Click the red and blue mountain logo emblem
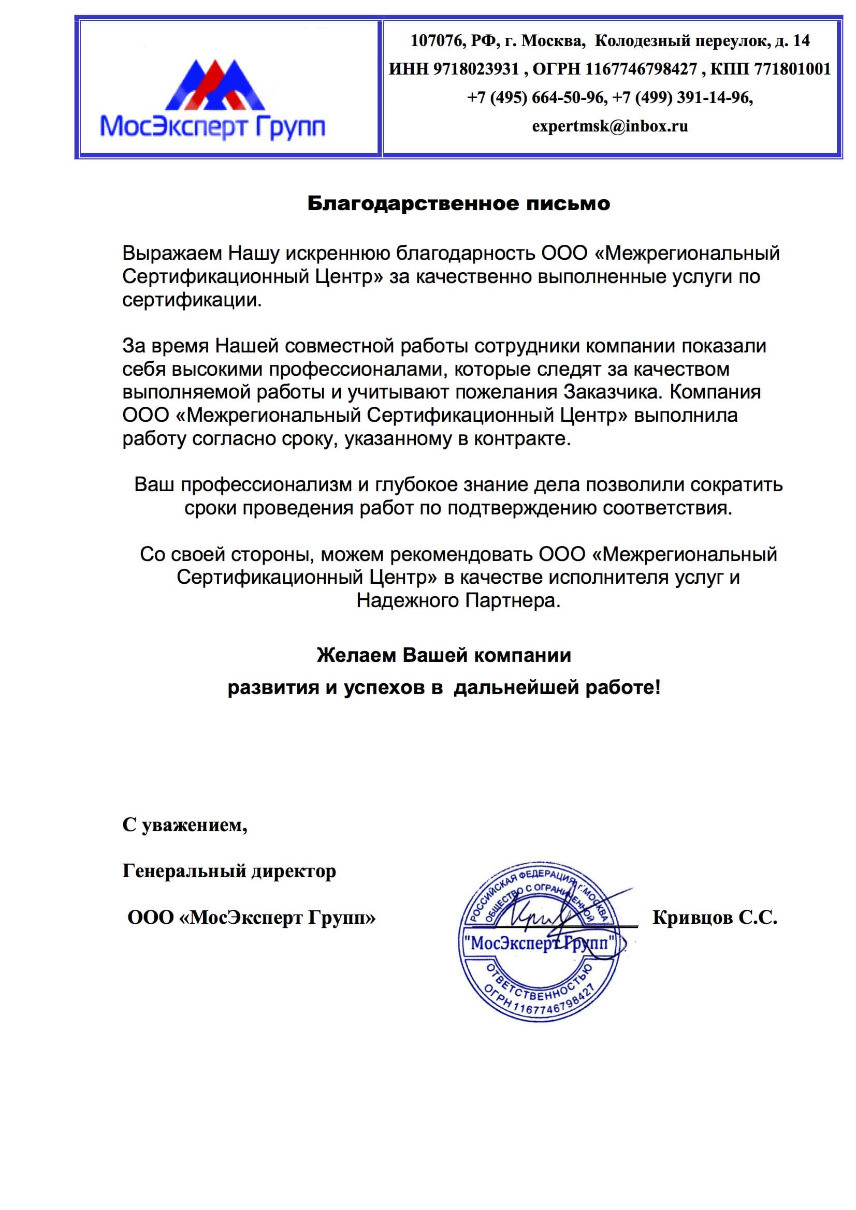pos(215,84)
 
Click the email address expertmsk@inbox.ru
pos(610,126)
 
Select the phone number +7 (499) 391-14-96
pos(681,97)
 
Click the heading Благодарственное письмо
pos(458,203)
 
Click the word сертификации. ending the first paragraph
pos(192,300)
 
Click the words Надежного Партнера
pos(458,601)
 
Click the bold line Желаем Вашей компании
pos(444,655)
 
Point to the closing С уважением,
pos(184,825)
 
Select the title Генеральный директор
pos(229,871)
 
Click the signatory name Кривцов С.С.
pos(715,918)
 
